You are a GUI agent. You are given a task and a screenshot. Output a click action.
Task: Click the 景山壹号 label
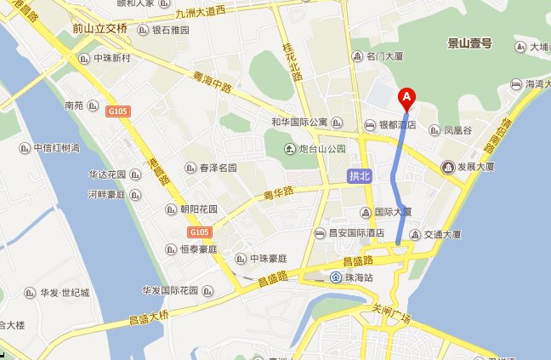(470, 43)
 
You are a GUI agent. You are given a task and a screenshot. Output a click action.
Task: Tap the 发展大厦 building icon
(447, 167)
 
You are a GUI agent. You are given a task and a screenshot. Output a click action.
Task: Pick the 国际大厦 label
(393, 211)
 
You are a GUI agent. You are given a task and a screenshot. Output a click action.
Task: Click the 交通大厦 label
(443, 234)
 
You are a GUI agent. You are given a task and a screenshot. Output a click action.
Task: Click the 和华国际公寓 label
(299, 122)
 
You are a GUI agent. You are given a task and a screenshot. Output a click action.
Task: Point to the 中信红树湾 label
(56, 147)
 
